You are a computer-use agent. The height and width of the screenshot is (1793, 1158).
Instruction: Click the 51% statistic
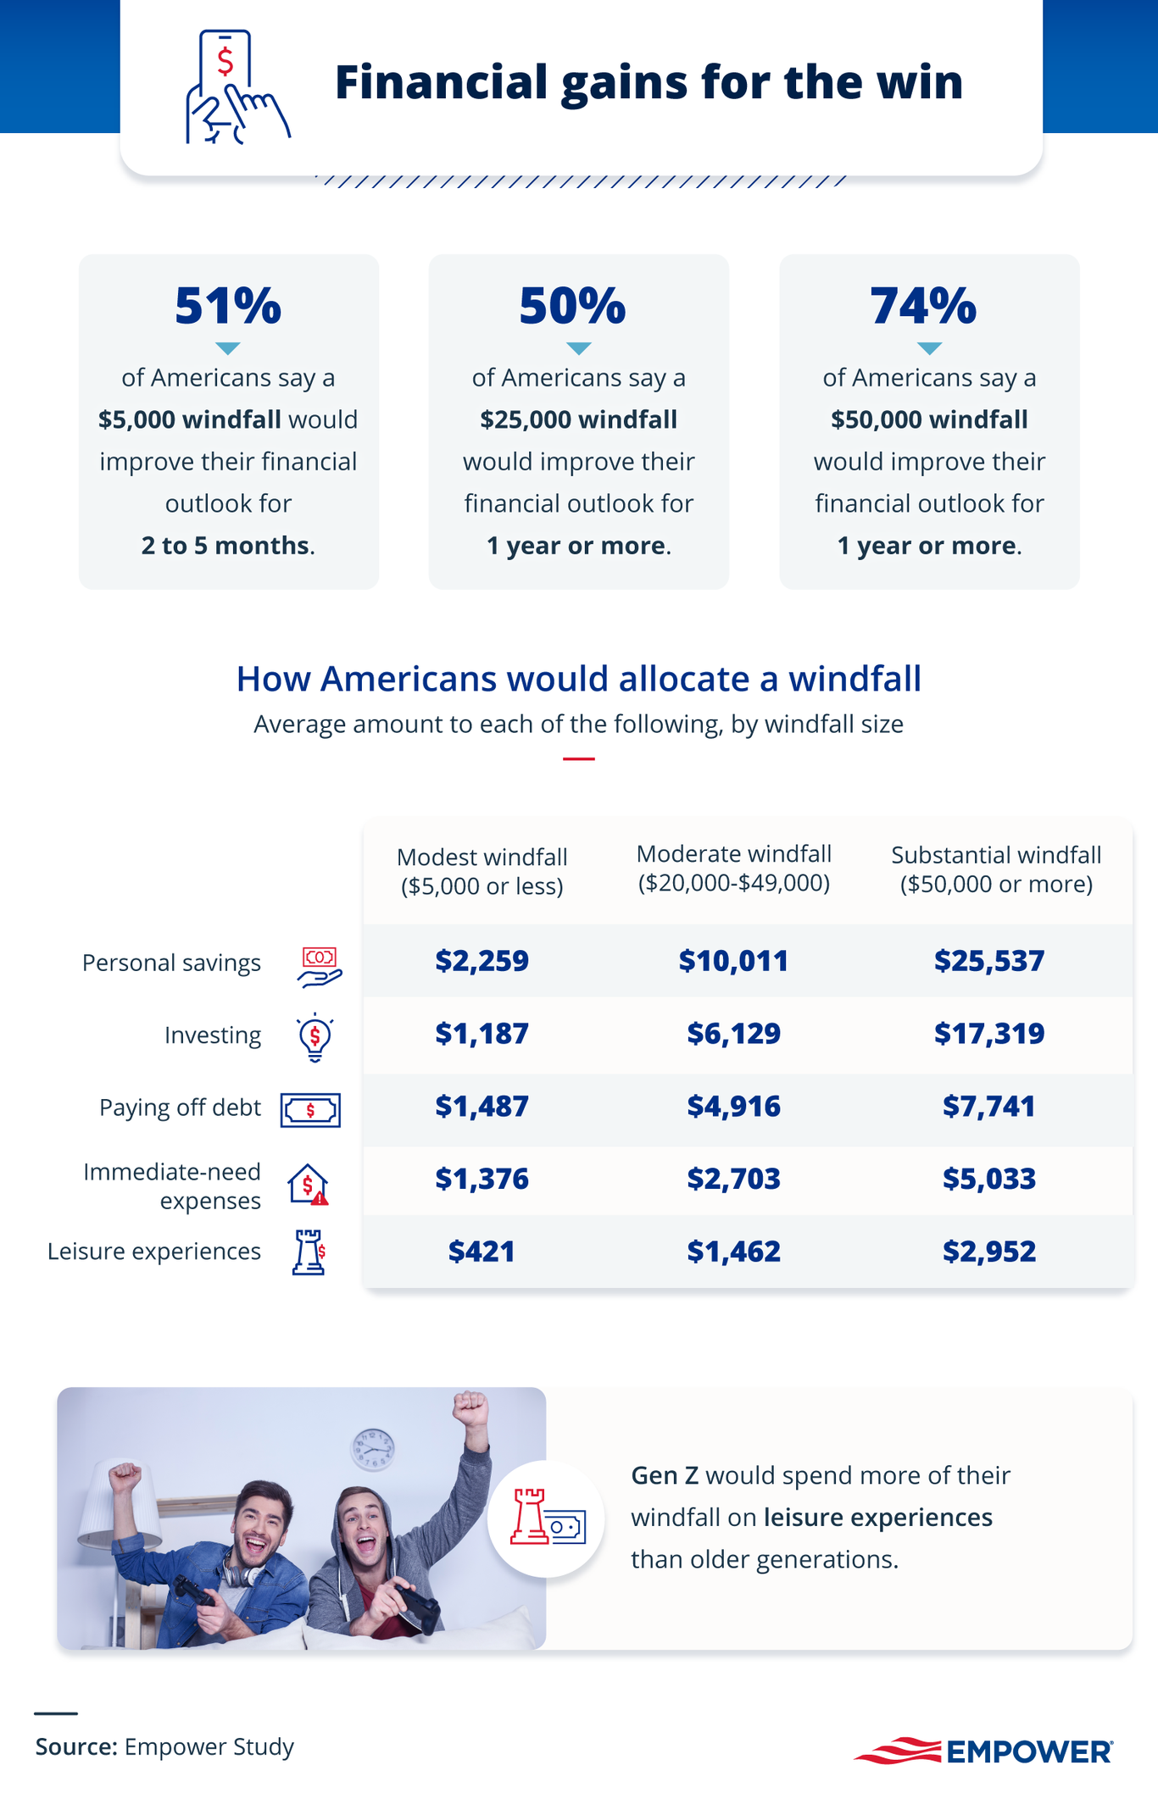pos(227,306)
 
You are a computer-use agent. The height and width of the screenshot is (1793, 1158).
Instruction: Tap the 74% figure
pos(923,306)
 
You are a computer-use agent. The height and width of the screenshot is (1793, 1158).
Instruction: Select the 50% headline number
pos(572,306)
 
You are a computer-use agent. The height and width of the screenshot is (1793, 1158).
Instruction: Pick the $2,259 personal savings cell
pos(482,961)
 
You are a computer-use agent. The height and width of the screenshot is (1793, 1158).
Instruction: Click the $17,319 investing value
pos(988,1034)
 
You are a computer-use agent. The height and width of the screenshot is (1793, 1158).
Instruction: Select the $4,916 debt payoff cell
pos(733,1107)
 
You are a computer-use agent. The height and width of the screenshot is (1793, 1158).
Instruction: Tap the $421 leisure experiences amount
pos(482,1252)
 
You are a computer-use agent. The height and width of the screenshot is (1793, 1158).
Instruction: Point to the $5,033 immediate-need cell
pos(988,1179)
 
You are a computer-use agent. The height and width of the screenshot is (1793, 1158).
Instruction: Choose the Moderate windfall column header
pos(733,868)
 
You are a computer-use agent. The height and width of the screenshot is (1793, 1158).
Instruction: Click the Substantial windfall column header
pos(996,869)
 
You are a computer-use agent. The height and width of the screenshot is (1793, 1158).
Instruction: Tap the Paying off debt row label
pos(180,1107)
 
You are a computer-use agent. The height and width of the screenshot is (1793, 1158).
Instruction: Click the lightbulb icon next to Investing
pos(315,1036)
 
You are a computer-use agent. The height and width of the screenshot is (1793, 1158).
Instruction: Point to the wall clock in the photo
pos(373,1449)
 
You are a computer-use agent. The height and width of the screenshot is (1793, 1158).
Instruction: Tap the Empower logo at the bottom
pos(983,1751)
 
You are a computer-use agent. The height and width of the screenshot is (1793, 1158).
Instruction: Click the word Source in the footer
pos(75,1746)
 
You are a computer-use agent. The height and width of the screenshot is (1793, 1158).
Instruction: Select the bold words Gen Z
pos(665,1475)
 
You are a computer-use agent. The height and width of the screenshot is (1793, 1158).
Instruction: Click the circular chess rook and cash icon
pos(546,1518)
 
